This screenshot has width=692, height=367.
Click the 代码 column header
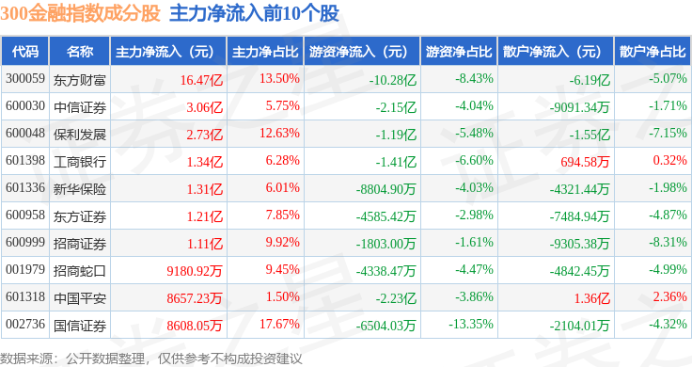(x=25, y=52)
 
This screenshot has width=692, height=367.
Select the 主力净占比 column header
(x=265, y=52)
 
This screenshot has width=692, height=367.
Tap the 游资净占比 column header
(x=459, y=52)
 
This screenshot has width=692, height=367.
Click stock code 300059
(x=25, y=79)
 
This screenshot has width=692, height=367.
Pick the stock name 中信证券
(x=80, y=107)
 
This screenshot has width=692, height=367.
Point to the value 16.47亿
(x=201, y=80)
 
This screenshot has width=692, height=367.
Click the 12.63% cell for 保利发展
(x=279, y=133)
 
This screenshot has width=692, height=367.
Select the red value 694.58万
(x=585, y=162)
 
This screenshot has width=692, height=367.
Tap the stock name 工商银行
(x=80, y=162)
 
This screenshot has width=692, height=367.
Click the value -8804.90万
(x=386, y=189)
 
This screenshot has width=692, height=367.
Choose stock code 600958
(x=25, y=215)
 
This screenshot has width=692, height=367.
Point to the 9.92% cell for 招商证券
(x=282, y=242)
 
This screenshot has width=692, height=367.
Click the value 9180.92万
(x=195, y=271)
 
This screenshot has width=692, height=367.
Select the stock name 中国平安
(x=80, y=298)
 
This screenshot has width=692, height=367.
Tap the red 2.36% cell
(x=670, y=296)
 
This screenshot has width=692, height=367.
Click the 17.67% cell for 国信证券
(x=279, y=324)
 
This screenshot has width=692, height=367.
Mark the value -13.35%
(x=471, y=324)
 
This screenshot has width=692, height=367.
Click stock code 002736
(x=25, y=324)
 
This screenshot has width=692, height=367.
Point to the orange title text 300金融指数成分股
(x=80, y=13)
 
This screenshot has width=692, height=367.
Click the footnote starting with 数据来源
(x=151, y=359)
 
